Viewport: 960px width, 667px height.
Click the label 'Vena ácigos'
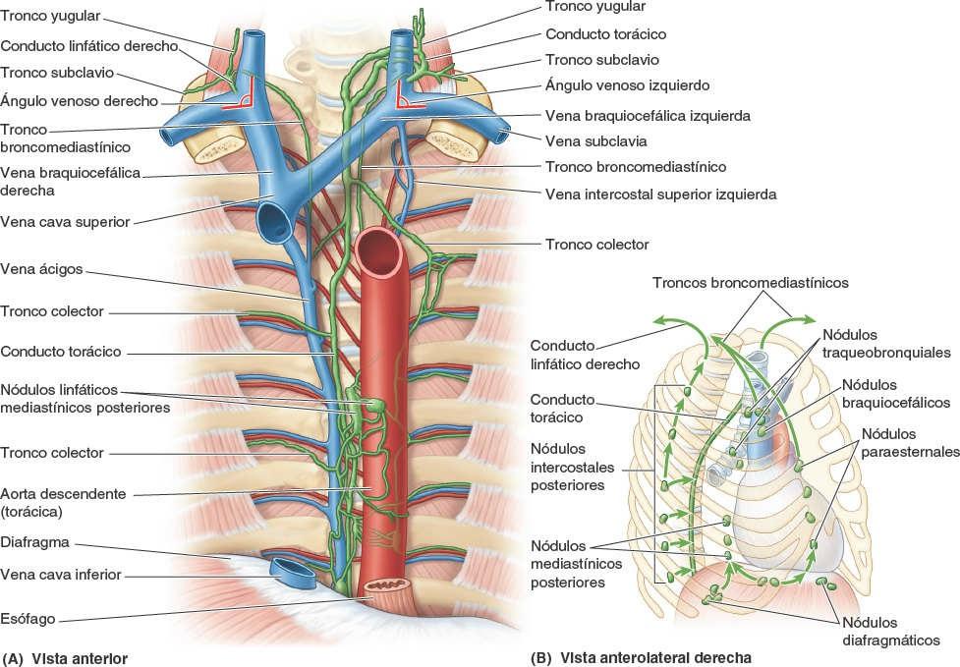[x=41, y=267]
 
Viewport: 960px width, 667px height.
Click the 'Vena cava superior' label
[x=65, y=222]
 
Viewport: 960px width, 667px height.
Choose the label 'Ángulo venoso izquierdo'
[x=627, y=85]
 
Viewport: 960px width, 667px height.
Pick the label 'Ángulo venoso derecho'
[x=79, y=98]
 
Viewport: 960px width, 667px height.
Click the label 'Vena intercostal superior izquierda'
[x=660, y=195]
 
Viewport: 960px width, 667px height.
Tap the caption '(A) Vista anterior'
[x=66, y=656]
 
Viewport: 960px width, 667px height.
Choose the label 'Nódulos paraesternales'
[x=909, y=443]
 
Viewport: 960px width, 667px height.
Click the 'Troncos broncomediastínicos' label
[x=750, y=283]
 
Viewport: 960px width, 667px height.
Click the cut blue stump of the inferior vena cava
[x=294, y=570]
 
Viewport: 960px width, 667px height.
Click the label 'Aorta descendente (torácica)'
[x=63, y=502]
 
